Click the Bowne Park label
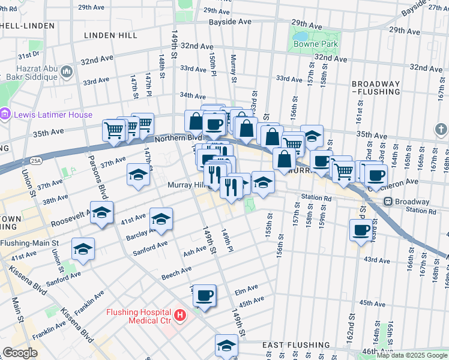(x=316, y=44)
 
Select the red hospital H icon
(x=179, y=314)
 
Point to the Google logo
(x=20, y=353)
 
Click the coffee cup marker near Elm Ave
(x=205, y=295)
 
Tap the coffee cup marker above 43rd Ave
(x=361, y=230)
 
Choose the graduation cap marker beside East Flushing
(x=226, y=346)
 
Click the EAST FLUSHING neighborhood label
(x=295, y=345)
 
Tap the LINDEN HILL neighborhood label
(x=110, y=36)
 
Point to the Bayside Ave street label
(x=230, y=22)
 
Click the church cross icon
(x=441, y=129)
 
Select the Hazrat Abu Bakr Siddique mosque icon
(x=66, y=73)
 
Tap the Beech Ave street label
(x=176, y=274)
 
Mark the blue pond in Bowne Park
(x=301, y=37)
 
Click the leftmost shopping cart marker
(x=113, y=129)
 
